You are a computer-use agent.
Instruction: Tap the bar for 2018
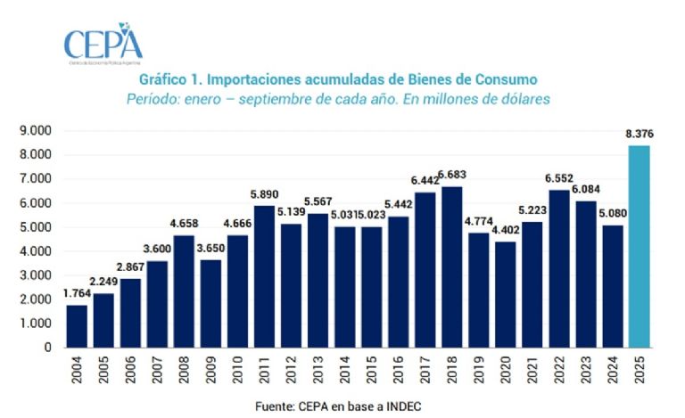click(452, 266)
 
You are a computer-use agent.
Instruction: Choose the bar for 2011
click(265, 276)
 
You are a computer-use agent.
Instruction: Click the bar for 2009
click(211, 303)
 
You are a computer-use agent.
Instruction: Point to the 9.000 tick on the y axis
click(36, 131)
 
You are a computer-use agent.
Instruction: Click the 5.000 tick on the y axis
click(36, 227)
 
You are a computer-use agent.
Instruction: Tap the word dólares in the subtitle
click(525, 99)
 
